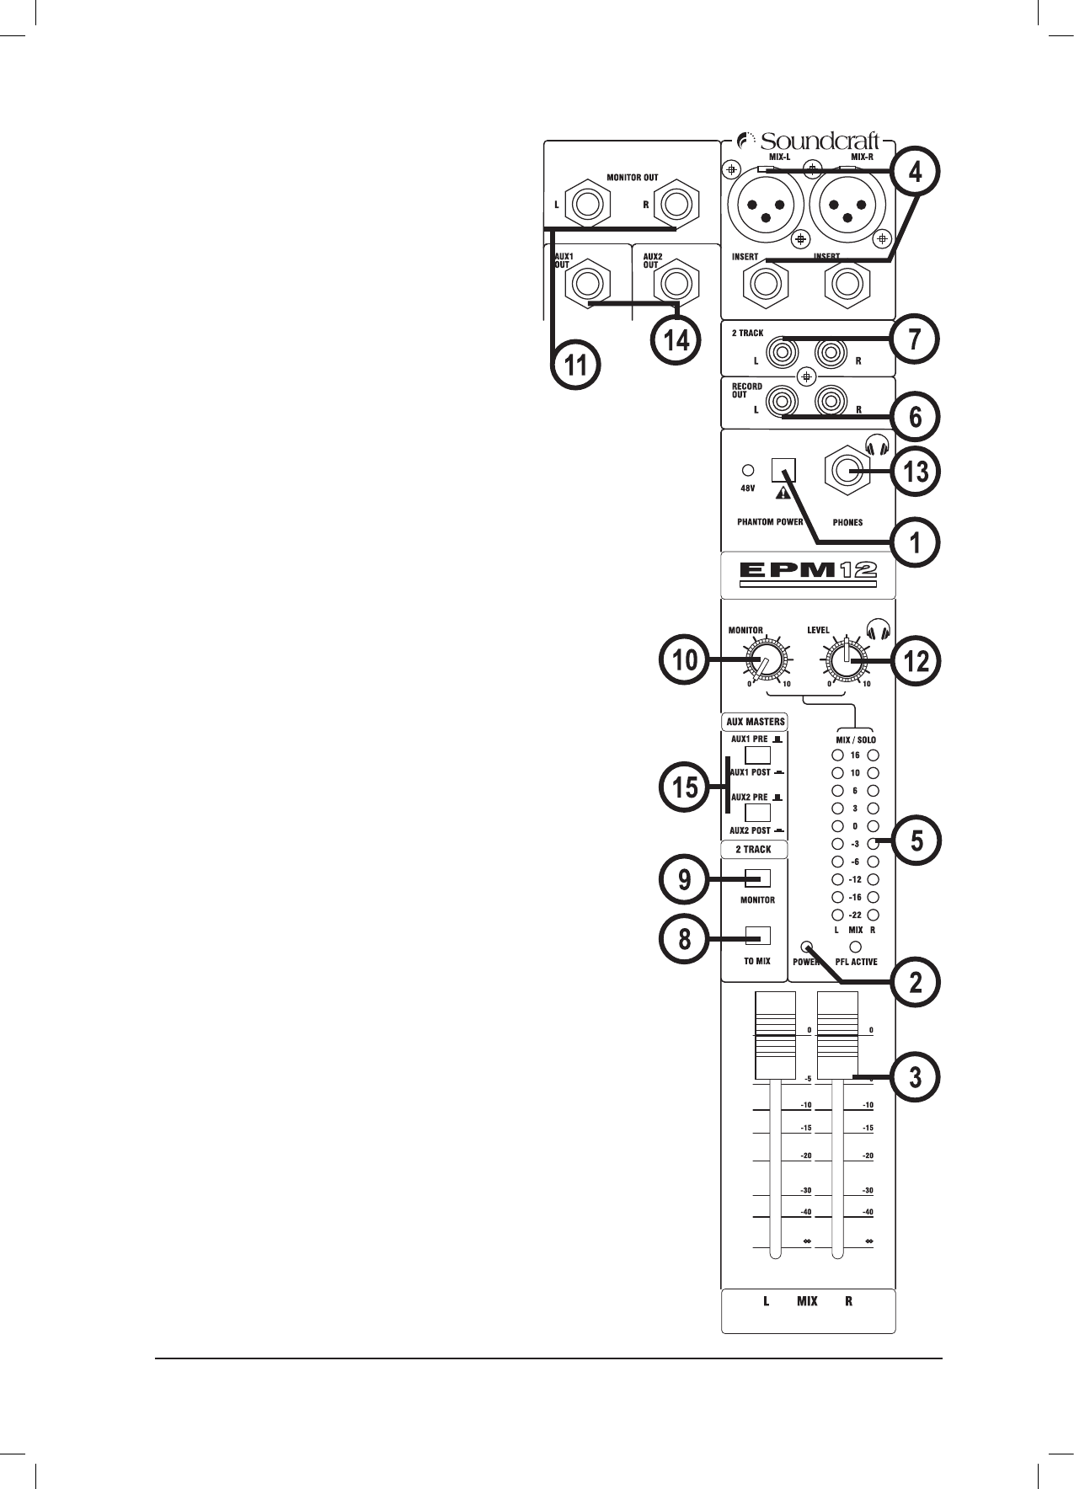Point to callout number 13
point(916,471)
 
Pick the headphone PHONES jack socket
point(847,473)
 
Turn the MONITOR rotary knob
point(767,663)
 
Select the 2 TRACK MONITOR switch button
point(758,878)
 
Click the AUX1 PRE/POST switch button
point(758,755)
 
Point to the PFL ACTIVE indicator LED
point(856,946)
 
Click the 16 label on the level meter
point(855,755)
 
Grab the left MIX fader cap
point(774,1035)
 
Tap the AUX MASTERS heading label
point(756,722)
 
